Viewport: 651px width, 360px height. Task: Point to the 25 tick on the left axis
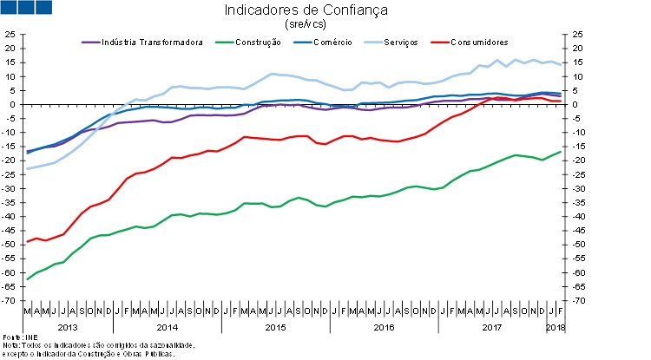click(10, 35)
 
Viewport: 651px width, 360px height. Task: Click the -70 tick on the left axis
click(9, 300)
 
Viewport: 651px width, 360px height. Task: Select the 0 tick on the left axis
click(13, 105)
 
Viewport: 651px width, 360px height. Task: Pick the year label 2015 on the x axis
click(275, 326)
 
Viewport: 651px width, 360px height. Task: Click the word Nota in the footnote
click(10, 345)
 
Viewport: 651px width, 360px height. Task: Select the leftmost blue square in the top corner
click(11, 8)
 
